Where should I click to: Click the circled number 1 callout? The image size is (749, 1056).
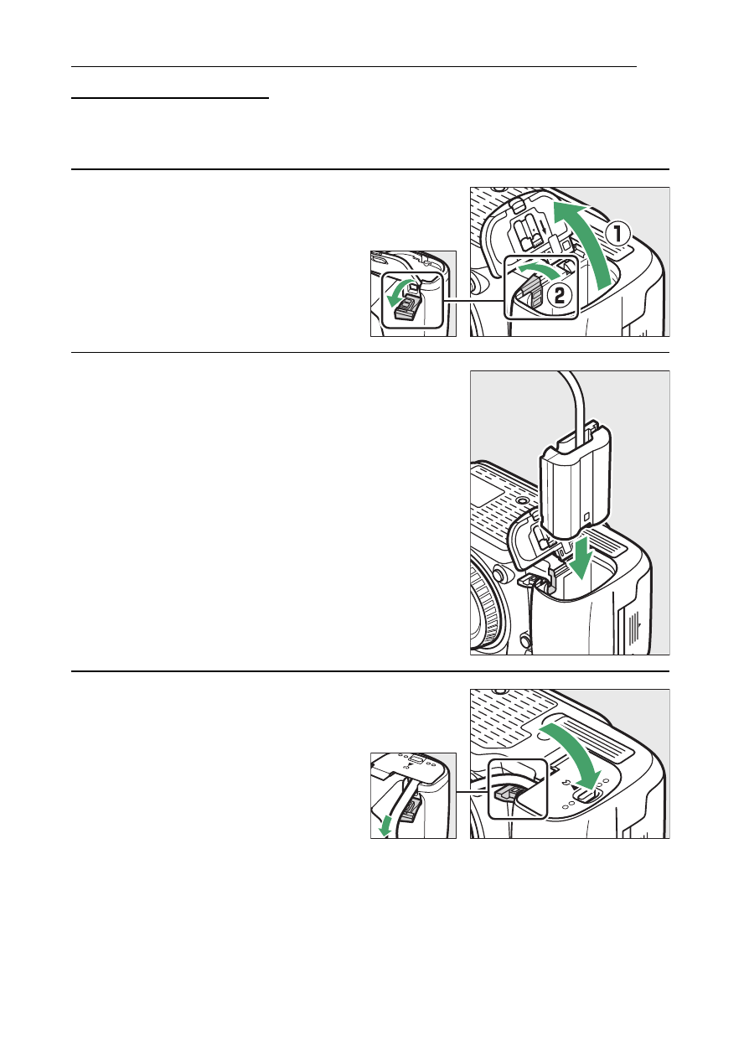(617, 235)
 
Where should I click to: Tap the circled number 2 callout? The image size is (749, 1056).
(559, 296)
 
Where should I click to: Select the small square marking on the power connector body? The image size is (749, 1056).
(586, 517)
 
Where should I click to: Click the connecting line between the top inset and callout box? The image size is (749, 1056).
(474, 301)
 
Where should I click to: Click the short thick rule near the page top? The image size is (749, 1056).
(170, 97)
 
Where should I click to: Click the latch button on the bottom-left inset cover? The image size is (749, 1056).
(415, 758)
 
